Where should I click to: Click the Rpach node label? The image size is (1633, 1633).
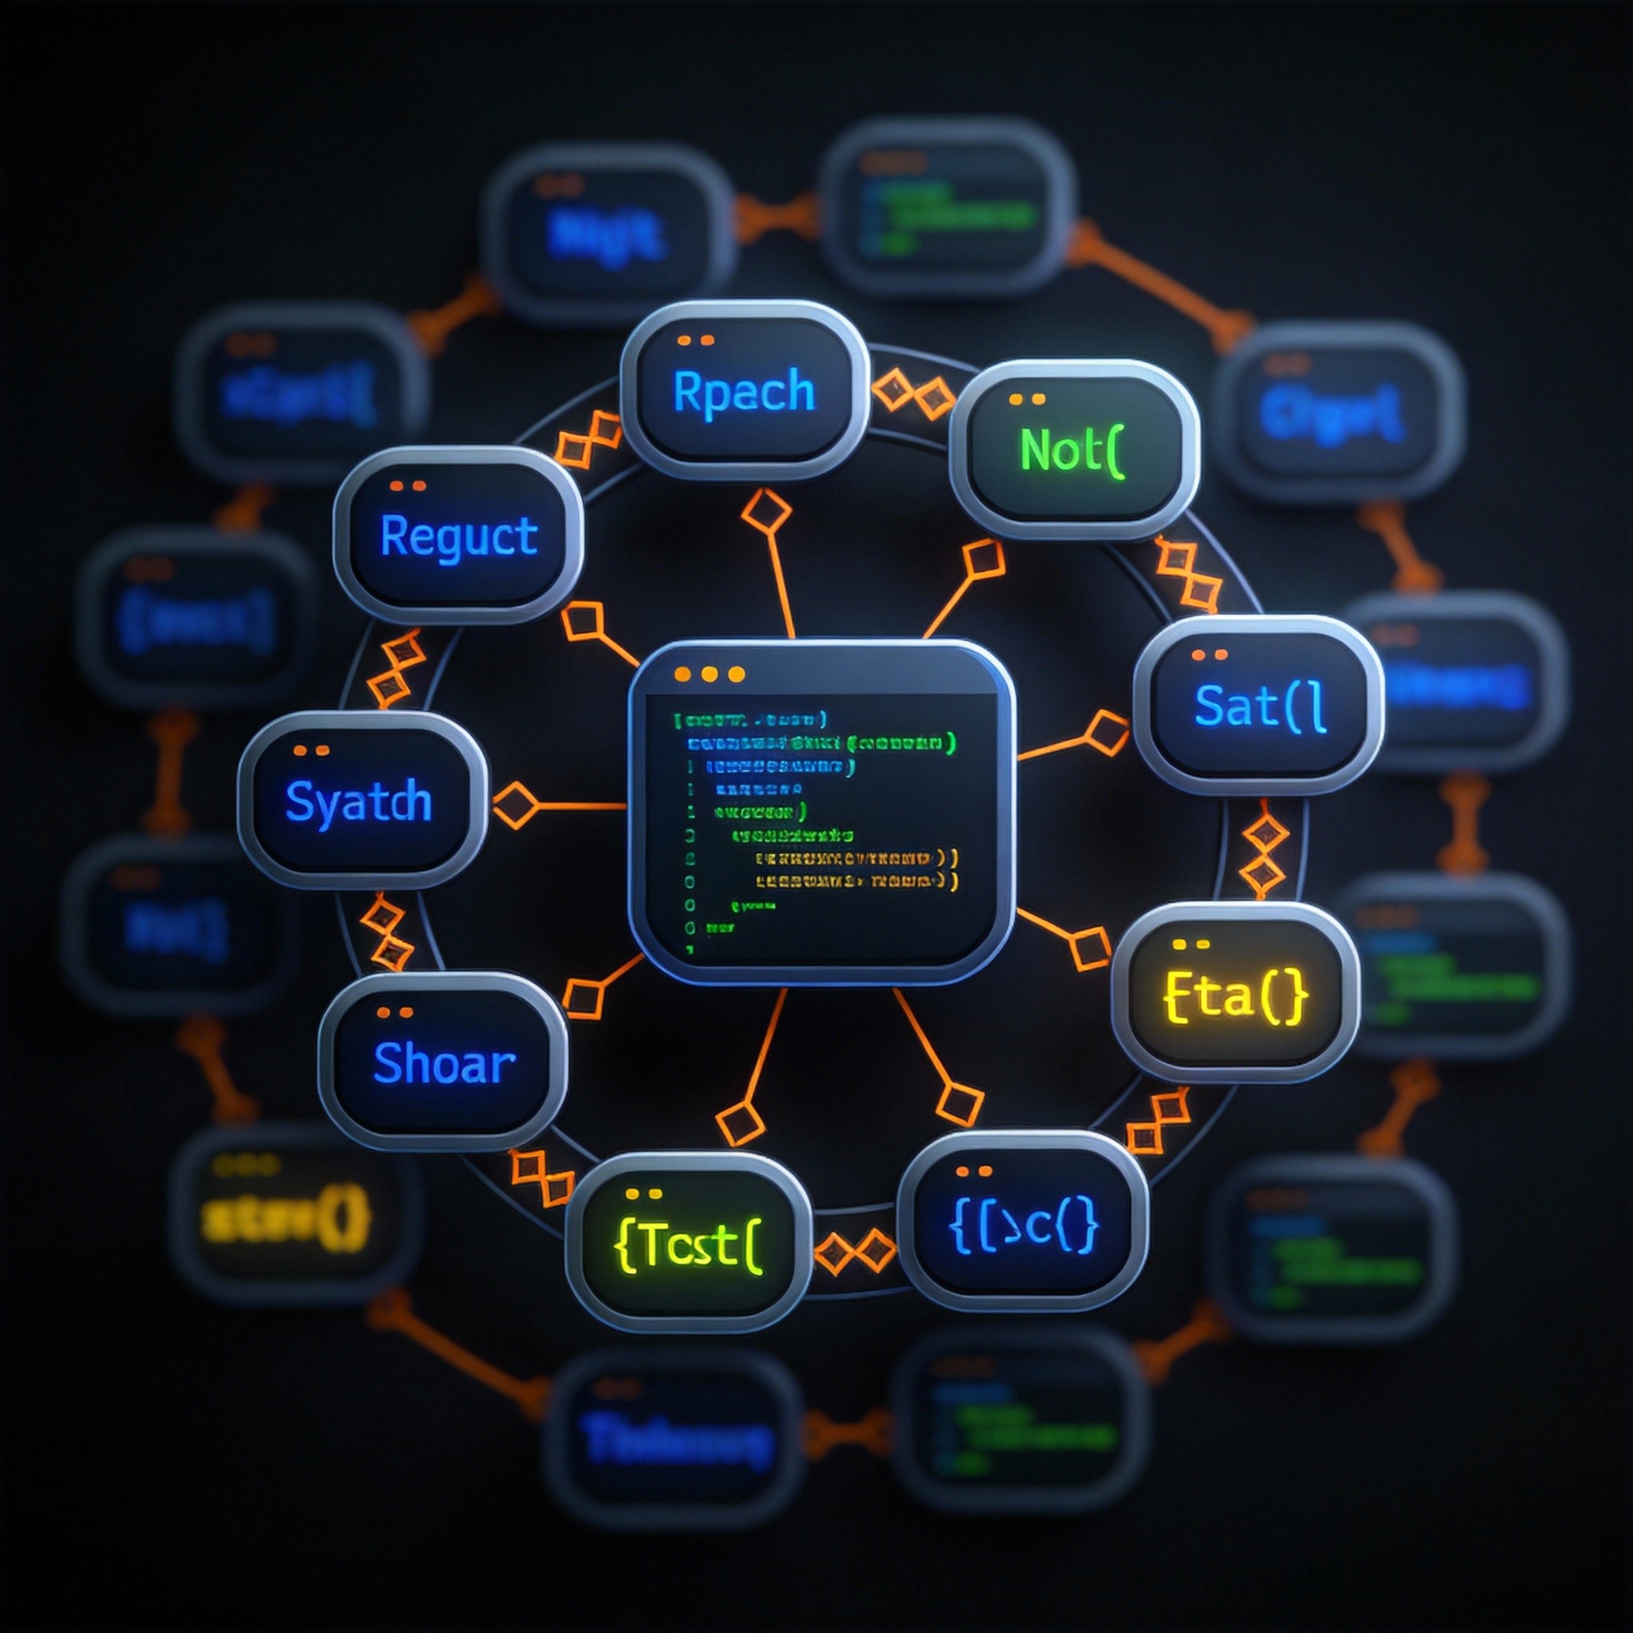(x=744, y=392)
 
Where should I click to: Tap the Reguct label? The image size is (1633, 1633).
(x=459, y=536)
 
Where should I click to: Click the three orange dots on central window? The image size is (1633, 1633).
(x=709, y=674)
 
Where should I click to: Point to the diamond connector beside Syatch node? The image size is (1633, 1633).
(x=515, y=804)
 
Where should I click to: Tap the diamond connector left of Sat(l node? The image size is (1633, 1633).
(x=1106, y=732)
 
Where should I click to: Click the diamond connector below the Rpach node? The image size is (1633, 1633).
(x=765, y=511)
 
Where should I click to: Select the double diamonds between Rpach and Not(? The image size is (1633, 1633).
(x=912, y=392)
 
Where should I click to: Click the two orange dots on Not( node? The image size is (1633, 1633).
(x=1026, y=399)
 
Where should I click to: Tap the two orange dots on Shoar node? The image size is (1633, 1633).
(x=395, y=1012)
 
